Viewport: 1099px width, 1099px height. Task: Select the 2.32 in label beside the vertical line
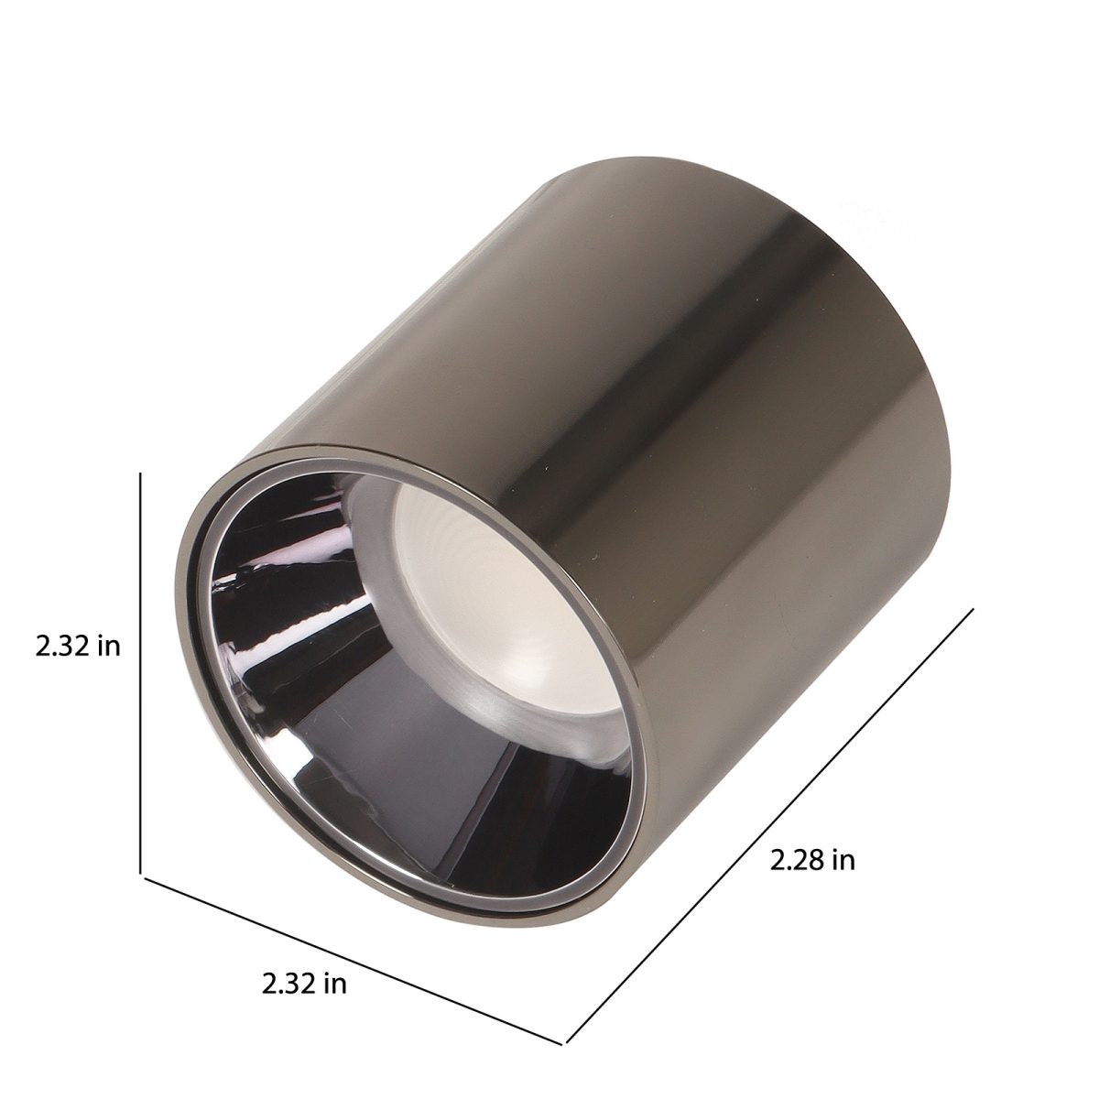pyautogui.click(x=78, y=646)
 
